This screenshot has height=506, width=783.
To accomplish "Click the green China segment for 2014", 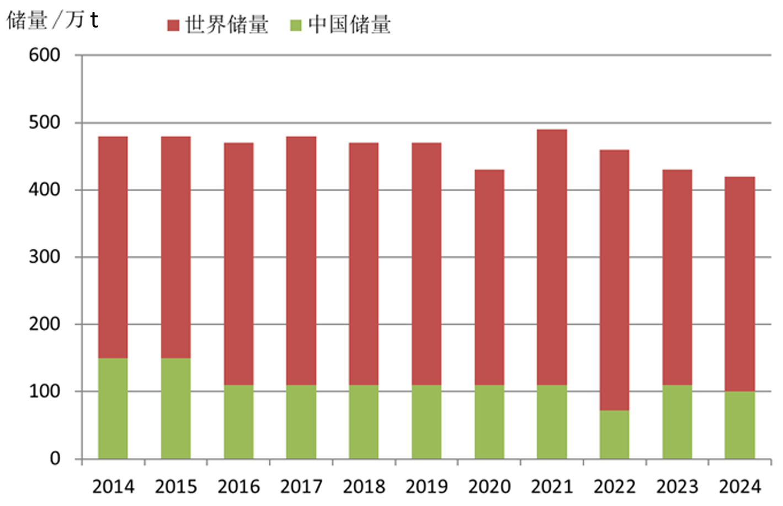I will pos(113,408).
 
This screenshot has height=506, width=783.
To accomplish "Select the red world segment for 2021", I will pos(552,257).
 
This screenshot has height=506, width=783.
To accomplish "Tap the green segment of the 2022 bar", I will pos(614,434).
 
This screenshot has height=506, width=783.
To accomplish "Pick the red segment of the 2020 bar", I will pos(489,277).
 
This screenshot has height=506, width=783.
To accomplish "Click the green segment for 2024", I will pos(739,424).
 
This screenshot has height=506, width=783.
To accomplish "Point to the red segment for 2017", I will pos(301,260).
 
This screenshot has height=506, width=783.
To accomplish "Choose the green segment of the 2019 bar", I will pos(427,422).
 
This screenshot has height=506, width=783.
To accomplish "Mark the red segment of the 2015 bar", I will pos(175,247).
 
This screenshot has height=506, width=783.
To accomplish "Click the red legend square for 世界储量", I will pos(173,25).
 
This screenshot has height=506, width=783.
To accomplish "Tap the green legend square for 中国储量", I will pos(296,25).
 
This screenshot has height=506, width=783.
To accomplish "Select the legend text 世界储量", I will pos(227,25).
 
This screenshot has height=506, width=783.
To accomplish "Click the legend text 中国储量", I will pos(350,25).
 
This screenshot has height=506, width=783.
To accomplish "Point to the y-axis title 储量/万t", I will pos(52,20).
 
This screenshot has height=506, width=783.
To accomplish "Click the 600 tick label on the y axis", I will pos(44,55).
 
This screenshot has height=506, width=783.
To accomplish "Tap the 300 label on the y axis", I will pos(44,257).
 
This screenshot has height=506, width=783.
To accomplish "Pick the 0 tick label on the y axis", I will pos(55,459).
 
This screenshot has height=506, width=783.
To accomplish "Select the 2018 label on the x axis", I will pos(364,487).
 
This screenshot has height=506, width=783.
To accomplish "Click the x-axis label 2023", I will pos(677,487).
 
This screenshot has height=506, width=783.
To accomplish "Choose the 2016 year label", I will pos(238,487).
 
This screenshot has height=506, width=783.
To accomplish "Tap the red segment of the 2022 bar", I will pos(614,280).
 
